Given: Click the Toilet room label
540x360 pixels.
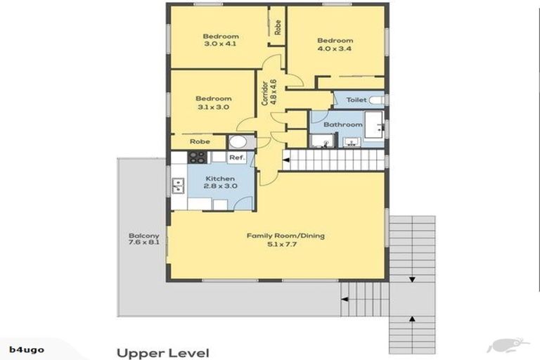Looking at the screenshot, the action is tap(356, 100).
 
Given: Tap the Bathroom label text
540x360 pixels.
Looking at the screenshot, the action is tap(342, 124).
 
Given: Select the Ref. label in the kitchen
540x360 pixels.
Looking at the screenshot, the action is tap(237, 157).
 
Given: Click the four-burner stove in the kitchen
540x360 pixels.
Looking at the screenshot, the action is tap(198, 157).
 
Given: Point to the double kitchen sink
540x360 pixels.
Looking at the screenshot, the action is tap(179, 186).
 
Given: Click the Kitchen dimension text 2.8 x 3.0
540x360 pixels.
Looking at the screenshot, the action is tap(220, 186).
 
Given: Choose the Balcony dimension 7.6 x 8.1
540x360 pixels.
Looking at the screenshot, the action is tap(144, 242).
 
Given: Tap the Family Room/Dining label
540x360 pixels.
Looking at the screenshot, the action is tap(285, 236).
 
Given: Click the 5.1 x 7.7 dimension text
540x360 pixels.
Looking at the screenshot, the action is tap(282, 244).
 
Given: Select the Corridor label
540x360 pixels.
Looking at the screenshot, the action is tap(264, 93).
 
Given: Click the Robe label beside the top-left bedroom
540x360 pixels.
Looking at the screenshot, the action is tap(277, 27).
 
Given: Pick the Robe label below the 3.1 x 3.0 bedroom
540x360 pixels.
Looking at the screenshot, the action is tap(200, 141).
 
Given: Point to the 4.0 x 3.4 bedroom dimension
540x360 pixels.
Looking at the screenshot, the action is tap(335, 49).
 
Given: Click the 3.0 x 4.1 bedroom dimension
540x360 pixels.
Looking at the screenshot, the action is tap(220, 44).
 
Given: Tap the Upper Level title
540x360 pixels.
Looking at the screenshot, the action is tap(163, 353).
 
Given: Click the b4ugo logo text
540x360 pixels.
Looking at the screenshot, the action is tap(27, 350).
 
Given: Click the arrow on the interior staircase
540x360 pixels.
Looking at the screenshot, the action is tap(286, 160).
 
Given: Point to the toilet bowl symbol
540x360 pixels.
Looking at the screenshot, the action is tap(376, 101).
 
